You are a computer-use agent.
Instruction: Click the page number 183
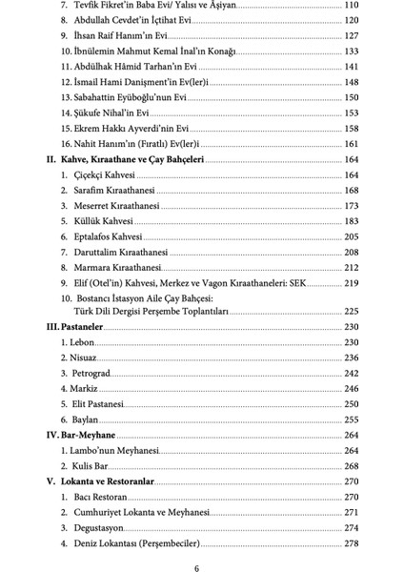[349, 221]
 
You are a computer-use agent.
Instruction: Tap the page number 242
[349, 373]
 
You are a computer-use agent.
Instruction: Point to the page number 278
[349, 543]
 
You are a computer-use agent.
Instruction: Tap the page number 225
[349, 310]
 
